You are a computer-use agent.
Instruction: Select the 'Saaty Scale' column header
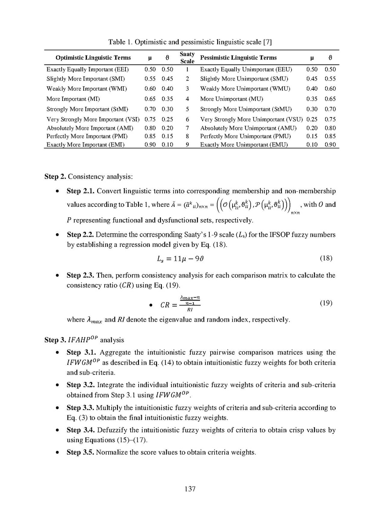(x=187, y=58)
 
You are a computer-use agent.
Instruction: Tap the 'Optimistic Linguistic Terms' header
(x=93, y=58)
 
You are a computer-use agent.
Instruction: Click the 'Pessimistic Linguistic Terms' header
(x=238, y=58)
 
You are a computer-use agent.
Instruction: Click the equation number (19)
(x=326, y=303)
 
